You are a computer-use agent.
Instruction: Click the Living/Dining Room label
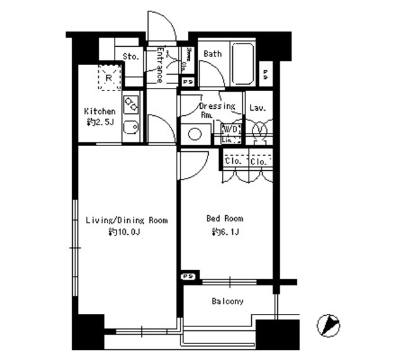pos(127,221)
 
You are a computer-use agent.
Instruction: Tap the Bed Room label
pos(225,219)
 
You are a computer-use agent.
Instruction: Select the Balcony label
pos(227,302)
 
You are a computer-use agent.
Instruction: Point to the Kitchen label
pos(100,111)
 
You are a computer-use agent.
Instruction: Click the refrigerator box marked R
pos(109,77)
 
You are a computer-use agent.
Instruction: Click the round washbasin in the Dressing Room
pos(195,135)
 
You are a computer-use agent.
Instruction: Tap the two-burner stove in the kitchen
pos(132,102)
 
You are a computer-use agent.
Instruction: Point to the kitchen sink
pos(131,129)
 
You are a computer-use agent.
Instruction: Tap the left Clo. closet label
pos(234,162)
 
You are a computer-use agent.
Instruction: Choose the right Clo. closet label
pos(258,162)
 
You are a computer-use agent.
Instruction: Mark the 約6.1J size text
pos(225,232)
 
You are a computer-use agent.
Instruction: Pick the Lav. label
pos(257,108)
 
